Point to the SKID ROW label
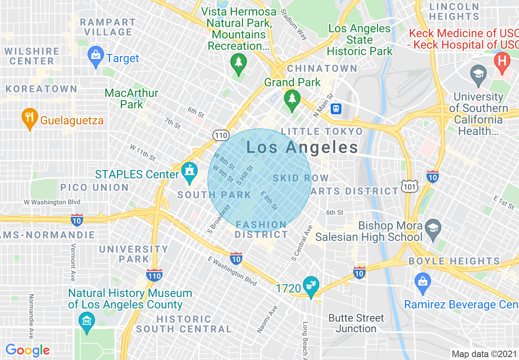[x=300, y=178]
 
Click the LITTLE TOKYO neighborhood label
[x=322, y=131]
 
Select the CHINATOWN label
[x=322, y=68]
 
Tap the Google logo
[x=28, y=350]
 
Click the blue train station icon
[x=336, y=109]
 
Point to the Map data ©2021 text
[x=483, y=353]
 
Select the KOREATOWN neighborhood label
[x=42, y=89]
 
